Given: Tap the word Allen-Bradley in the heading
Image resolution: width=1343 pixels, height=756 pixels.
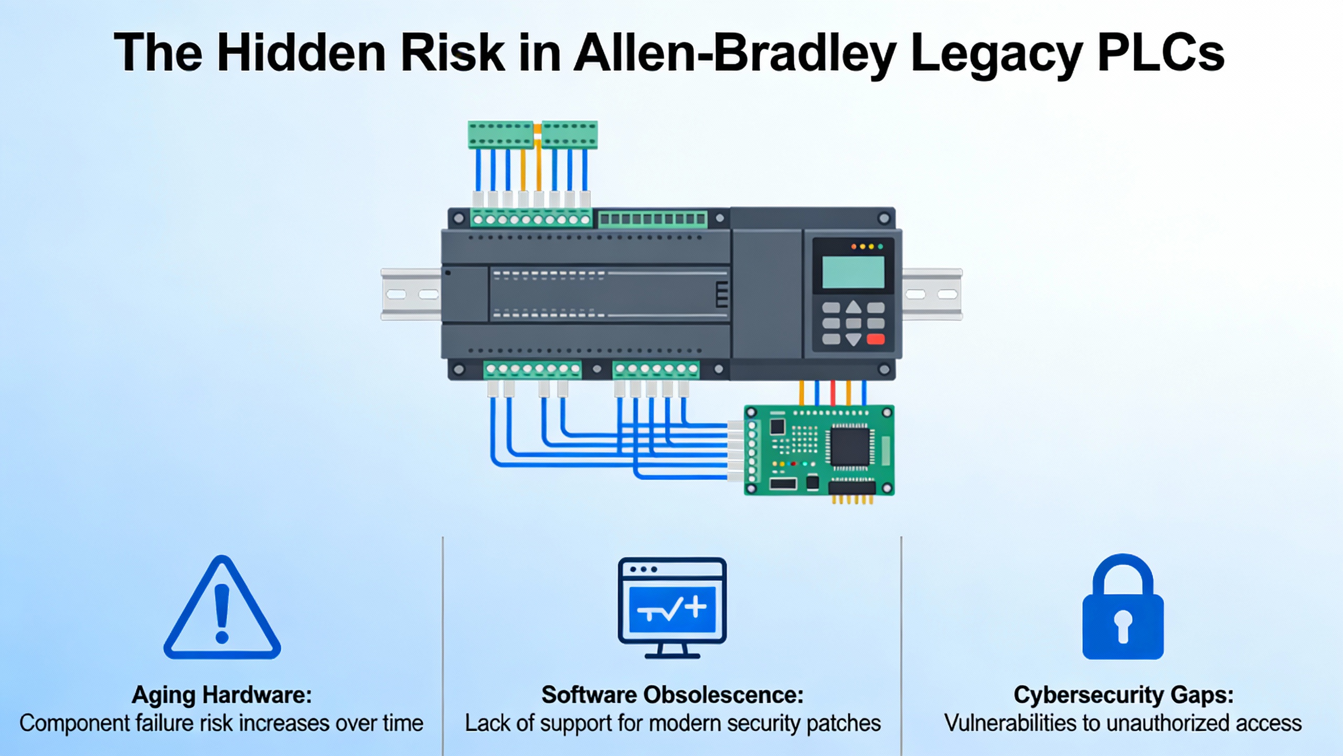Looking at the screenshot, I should (734, 52).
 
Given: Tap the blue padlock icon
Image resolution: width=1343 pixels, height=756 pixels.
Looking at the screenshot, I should (1123, 609).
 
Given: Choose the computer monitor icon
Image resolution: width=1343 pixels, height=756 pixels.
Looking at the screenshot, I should (672, 606).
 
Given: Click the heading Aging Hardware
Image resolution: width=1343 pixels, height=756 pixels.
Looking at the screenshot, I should (221, 695).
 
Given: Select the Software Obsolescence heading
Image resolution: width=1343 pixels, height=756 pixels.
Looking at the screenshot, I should (672, 695).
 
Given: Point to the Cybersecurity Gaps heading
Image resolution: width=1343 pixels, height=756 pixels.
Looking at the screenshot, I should (1123, 695).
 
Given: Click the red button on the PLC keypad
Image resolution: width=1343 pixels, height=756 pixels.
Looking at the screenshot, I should (876, 339).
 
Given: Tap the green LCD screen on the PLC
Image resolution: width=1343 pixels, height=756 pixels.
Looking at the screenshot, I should (853, 272).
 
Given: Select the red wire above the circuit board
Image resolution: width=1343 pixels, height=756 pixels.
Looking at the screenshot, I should (833, 393).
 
